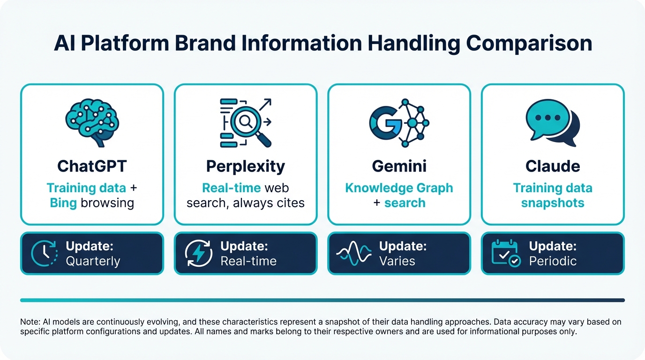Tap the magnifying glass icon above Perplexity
pyautogui.click(x=246, y=123)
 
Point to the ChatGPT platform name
pyautogui.click(x=92, y=166)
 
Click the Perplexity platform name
pyautogui.click(x=246, y=166)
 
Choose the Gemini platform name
pyautogui.click(x=399, y=166)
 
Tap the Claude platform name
pyautogui.click(x=553, y=166)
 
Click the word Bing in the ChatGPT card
pyautogui.click(x=63, y=203)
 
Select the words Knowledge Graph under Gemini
pyautogui.click(x=399, y=188)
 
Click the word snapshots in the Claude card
pyautogui.click(x=553, y=203)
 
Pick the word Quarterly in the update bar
pyautogui.click(x=93, y=261)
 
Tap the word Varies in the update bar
pyautogui.click(x=397, y=261)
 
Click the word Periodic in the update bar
pyautogui.click(x=553, y=261)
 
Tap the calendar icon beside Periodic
pyautogui.click(x=505, y=253)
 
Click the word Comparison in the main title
pyautogui.click(x=529, y=44)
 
